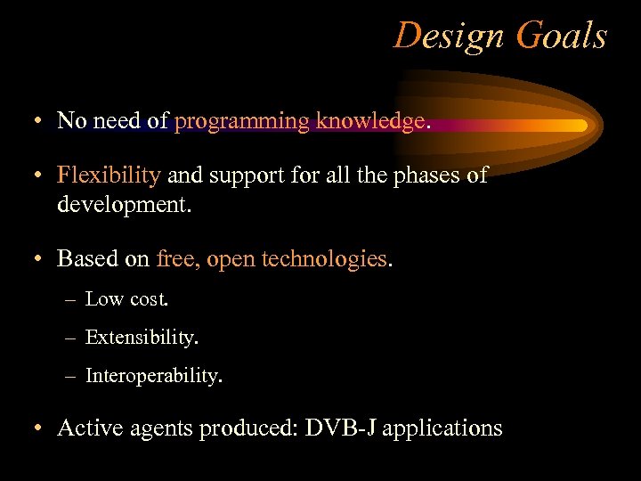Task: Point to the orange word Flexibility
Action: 109,175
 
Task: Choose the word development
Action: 122,205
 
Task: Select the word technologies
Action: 320,258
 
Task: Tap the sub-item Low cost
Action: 126,299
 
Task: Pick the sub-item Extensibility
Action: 142,338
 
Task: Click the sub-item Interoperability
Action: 153,376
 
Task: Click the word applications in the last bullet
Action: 442,429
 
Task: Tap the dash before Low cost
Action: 70,300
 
